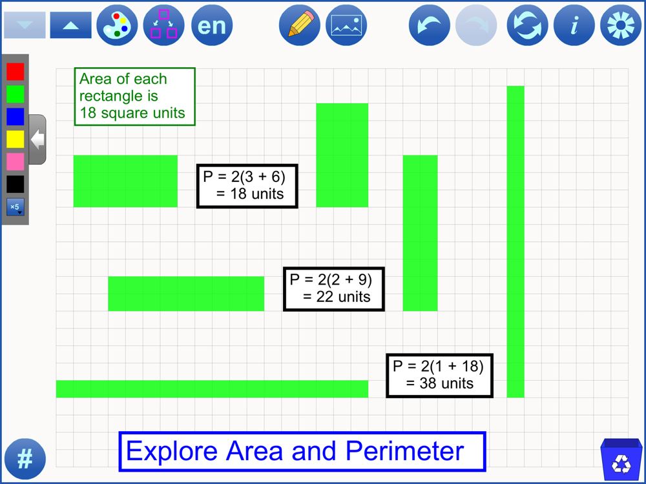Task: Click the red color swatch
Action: coord(16,72)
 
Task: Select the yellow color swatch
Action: coord(16,139)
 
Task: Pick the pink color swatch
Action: coord(16,162)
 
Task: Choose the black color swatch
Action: coord(16,184)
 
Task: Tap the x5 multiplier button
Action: coord(16,207)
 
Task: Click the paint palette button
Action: coord(117,25)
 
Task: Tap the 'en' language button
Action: coord(212,25)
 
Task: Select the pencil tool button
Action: coord(300,25)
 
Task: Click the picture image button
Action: coord(346,25)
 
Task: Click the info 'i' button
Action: coord(574,25)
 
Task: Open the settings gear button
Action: coord(621,25)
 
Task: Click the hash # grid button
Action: coord(25,459)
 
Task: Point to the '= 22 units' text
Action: coord(337,297)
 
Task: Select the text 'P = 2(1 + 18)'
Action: coord(438,366)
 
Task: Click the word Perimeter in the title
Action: coord(404,451)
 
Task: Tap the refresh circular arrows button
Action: coord(527,25)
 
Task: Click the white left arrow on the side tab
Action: coord(38,139)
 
